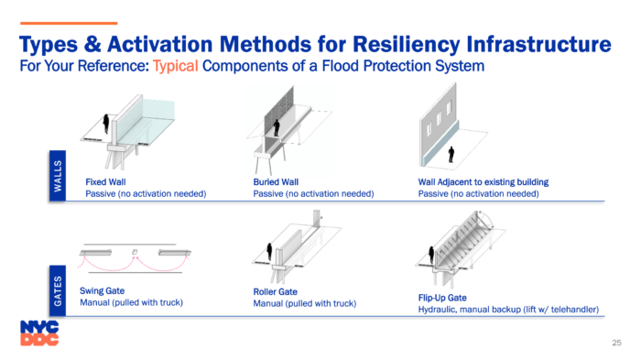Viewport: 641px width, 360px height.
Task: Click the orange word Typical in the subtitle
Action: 176,66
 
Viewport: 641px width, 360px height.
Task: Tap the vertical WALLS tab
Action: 58,176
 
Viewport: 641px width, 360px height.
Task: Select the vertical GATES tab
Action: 58,291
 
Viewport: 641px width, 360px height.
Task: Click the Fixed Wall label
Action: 105,182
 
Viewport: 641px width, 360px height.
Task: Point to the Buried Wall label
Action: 276,182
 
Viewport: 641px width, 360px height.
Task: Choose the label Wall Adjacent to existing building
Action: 483,182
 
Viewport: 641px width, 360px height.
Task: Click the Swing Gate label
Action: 103,291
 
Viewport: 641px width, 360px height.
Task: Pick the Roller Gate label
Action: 275,292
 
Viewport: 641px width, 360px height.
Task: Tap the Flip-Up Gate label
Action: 442,298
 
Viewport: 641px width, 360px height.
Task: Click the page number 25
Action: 616,343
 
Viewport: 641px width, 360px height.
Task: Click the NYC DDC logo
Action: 39,333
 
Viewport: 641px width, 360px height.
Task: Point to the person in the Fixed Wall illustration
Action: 106,124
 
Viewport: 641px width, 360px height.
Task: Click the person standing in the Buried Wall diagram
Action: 277,128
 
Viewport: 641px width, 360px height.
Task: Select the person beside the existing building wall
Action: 451,155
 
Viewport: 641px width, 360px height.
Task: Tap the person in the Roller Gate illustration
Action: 269,252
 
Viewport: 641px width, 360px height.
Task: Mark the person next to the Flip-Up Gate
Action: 431,255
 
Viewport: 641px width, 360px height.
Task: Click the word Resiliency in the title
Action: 407,45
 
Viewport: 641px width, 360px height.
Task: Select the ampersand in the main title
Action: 92,44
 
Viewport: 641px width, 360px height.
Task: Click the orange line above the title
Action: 69,23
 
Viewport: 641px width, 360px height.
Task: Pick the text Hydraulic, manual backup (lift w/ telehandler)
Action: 508,310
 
